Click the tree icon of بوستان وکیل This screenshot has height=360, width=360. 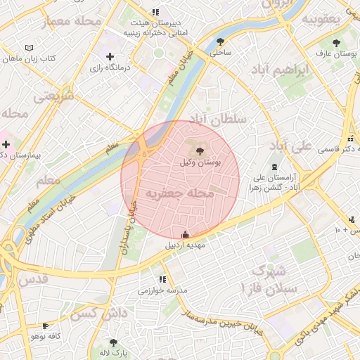pyautogui.click(x=198, y=150)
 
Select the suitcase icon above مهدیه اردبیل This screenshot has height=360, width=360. pyautogui.click(x=185, y=235)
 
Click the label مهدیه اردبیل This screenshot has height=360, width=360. pyautogui.click(x=184, y=246)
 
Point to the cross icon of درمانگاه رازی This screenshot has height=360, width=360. pyautogui.click(x=109, y=56)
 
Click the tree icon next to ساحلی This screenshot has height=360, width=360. pyautogui.click(x=221, y=41)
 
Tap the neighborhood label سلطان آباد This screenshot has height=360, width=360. pyautogui.click(x=222, y=120)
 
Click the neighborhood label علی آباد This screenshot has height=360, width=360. pyautogui.click(x=290, y=146)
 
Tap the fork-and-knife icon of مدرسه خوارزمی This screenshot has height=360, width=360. pyautogui.click(x=163, y=279)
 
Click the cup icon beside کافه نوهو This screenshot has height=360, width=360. pyautogui.click(x=46, y=326)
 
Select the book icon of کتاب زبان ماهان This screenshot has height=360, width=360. pyautogui.click(x=28, y=47)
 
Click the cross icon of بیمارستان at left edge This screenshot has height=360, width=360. pyautogui.click(x=6, y=143)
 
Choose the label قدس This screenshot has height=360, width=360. pyautogui.click(x=34, y=279)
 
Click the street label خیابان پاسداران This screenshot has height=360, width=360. pyautogui.click(x=127, y=229)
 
